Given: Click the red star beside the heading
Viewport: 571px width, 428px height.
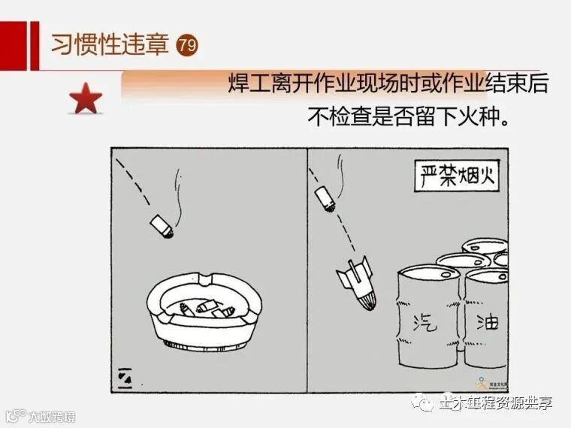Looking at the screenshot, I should coord(86,99).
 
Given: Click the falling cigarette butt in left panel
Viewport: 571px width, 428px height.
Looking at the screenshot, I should coord(161,225).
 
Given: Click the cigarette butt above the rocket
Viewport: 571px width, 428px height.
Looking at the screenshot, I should coord(325,199).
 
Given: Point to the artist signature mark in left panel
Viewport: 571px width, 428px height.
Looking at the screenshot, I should coord(125,379).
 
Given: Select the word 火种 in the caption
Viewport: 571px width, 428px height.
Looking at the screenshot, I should coord(480,116).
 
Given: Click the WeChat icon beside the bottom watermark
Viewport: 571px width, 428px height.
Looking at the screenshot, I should coord(425,403).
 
